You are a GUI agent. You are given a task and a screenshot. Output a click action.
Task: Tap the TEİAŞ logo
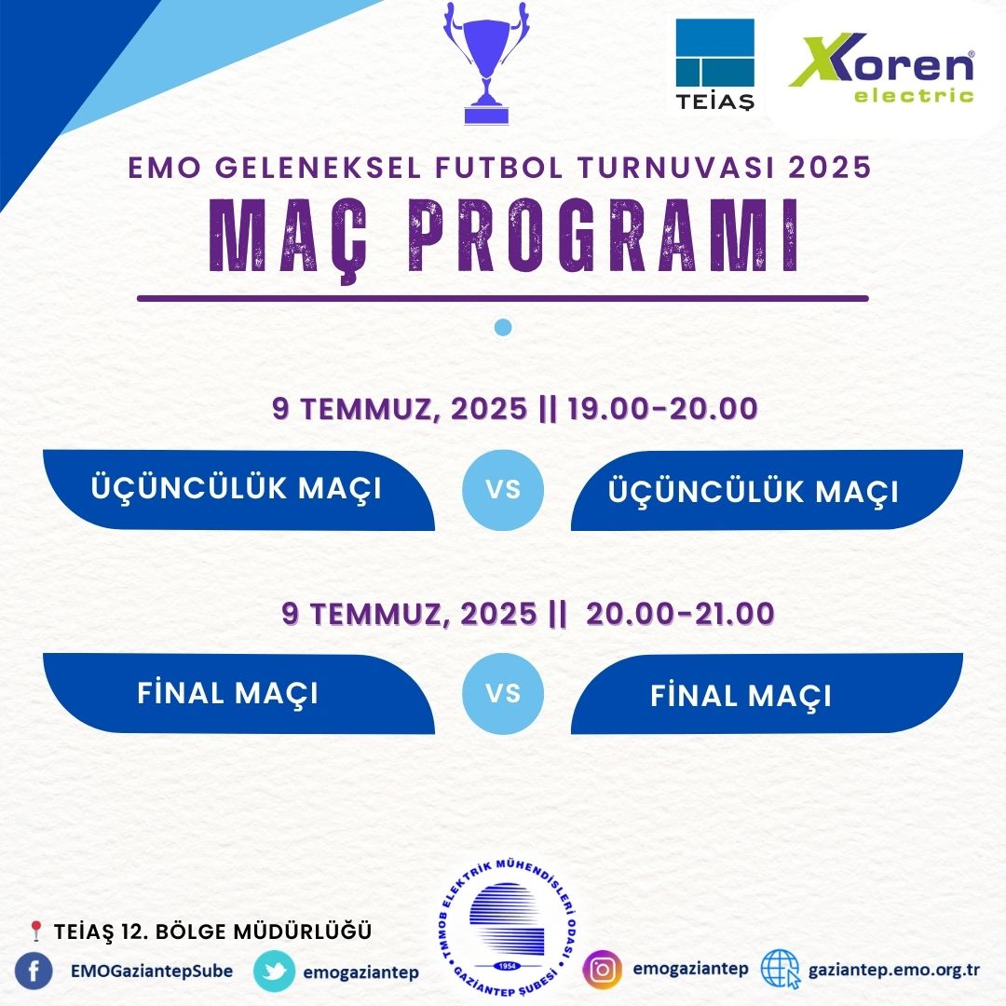point(714,64)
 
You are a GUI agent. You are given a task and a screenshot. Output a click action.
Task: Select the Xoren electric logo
point(881,67)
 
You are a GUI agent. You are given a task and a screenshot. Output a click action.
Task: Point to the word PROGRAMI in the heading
point(604,236)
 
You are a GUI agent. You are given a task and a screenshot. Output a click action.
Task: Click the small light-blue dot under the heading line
point(503,327)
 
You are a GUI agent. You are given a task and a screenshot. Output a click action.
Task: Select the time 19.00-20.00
point(662,409)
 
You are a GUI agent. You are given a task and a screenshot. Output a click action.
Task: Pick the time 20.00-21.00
point(680,613)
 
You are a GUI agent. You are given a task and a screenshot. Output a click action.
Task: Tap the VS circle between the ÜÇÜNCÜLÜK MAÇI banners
point(503,490)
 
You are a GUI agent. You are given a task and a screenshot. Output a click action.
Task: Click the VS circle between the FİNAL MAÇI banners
point(503,694)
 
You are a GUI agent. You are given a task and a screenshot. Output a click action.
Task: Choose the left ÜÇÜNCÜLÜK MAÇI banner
point(238,490)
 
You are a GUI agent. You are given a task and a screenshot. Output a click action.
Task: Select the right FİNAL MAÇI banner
point(767,694)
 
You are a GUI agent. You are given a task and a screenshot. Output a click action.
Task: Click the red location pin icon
point(36,931)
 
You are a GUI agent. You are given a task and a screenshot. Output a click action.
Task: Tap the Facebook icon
point(34,972)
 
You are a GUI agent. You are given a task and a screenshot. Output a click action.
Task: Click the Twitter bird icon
point(275,972)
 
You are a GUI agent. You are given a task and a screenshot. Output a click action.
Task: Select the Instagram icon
point(603,970)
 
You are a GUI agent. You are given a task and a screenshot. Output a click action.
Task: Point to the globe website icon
point(781,970)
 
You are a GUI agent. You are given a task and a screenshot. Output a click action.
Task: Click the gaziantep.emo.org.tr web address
point(893,970)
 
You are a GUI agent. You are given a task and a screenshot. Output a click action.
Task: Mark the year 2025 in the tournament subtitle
point(830,168)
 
